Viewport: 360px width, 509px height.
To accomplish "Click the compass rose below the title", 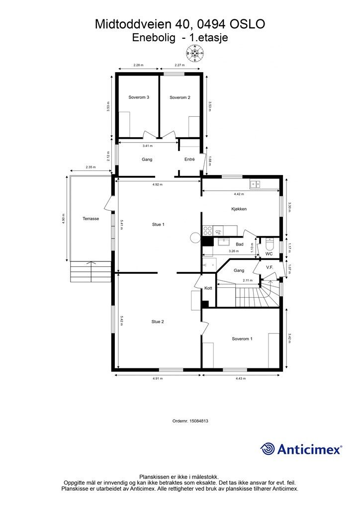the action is [195, 53].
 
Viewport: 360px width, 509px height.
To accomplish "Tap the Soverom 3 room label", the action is [139, 97].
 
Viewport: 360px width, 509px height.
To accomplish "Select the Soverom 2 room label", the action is [180, 97].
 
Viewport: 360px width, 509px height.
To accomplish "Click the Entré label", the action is [189, 160].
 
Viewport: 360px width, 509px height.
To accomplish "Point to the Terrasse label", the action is [90, 219].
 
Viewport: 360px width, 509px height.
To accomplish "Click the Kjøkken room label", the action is [239, 209].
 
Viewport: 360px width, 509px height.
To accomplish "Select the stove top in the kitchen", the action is [207, 231].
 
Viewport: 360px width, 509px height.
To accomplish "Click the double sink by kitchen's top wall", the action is [256, 184].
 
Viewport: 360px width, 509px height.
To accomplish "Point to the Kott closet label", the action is [208, 288].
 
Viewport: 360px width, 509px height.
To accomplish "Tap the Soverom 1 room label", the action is [242, 339].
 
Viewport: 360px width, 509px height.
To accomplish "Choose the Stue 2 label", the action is [158, 322].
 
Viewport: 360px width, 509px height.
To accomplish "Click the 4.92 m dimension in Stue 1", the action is [158, 184].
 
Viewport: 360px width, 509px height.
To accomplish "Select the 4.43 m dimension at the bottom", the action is [241, 378].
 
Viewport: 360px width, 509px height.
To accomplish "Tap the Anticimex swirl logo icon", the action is [268, 449].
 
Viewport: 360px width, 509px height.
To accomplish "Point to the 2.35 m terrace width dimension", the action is [90, 167].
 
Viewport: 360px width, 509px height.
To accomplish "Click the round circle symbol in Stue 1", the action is [195, 237].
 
